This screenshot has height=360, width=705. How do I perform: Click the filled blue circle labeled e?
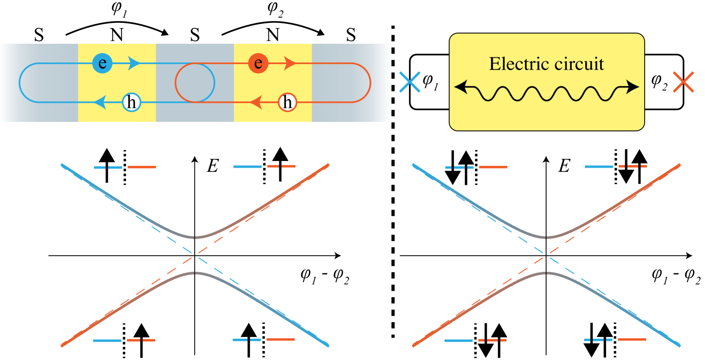pyautogui.click(x=102, y=63)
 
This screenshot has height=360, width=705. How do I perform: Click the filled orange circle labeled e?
pyautogui.click(x=258, y=63)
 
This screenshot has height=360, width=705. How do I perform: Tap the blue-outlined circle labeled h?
pyautogui.click(x=132, y=102)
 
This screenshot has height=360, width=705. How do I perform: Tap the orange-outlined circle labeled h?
pyautogui.click(x=287, y=102)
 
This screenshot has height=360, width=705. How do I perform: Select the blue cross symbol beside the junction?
pyautogui.click(x=410, y=82)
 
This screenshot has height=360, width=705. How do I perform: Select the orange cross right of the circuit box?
pyautogui.click(x=683, y=82)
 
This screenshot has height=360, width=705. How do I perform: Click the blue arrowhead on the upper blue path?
pyautogui.click(x=134, y=63)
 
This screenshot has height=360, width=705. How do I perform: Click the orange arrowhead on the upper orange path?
pyautogui.click(x=290, y=63)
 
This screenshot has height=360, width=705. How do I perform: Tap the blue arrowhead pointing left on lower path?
pyautogui.click(x=100, y=102)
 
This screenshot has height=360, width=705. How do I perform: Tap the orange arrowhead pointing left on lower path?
pyautogui.click(x=256, y=102)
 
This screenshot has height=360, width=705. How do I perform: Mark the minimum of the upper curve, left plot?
pyautogui.click(x=195, y=237)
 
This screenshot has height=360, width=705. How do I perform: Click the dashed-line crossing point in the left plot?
pyautogui.click(x=195, y=255)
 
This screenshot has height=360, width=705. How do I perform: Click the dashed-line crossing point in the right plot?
pyautogui.click(x=546, y=255)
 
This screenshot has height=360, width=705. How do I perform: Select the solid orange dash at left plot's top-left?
pyautogui.click(x=142, y=167)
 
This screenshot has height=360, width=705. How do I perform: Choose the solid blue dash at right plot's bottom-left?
pyautogui.click(x=458, y=340)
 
